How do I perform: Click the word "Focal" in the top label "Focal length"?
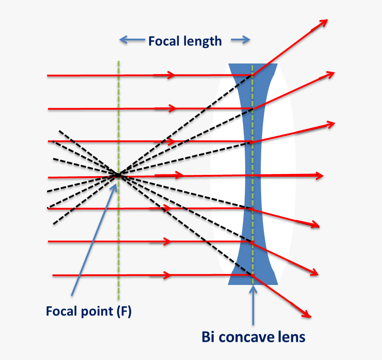(x=163, y=41)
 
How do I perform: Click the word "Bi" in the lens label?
(x=209, y=337)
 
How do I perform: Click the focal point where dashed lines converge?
(x=118, y=175)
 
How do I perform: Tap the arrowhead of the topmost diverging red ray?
(x=323, y=22)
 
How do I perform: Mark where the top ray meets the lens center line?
(x=252, y=75)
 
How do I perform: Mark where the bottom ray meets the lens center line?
(x=252, y=276)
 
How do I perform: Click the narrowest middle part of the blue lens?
(x=252, y=176)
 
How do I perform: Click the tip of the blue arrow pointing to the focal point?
(x=116, y=182)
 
